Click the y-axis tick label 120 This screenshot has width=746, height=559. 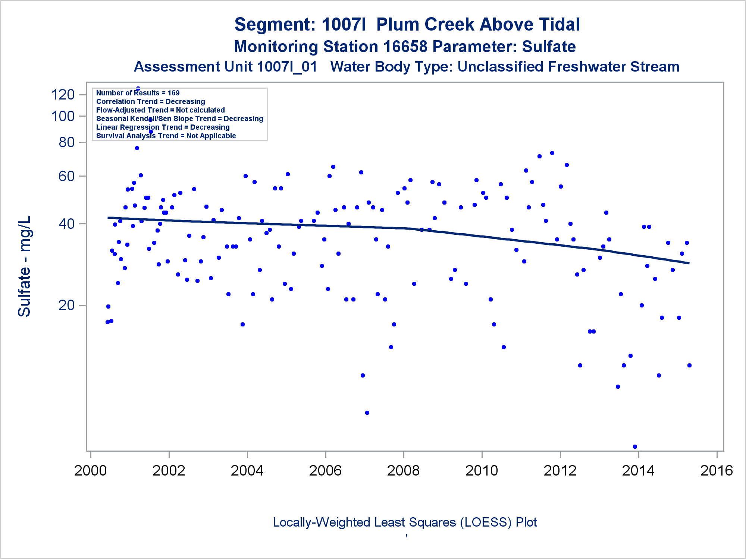(63, 95)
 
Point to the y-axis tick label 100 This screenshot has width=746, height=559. (63, 116)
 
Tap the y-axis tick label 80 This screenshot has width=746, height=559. (67, 142)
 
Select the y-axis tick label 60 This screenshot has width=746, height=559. (67, 176)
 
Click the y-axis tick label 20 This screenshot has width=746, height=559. (67, 305)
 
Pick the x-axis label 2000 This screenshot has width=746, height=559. (90, 471)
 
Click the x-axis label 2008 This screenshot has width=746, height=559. (403, 471)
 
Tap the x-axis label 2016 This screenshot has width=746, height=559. (717, 471)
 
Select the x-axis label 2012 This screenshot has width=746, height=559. (560, 471)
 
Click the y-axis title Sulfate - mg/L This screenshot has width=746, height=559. (24, 266)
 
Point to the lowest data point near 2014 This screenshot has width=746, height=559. (635, 446)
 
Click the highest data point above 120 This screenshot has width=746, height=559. (138, 89)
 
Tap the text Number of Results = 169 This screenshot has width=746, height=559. (138, 93)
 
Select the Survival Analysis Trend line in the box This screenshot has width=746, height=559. (166, 136)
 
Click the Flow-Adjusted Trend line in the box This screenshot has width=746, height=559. (160, 110)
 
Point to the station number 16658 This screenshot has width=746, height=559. (405, 47)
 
